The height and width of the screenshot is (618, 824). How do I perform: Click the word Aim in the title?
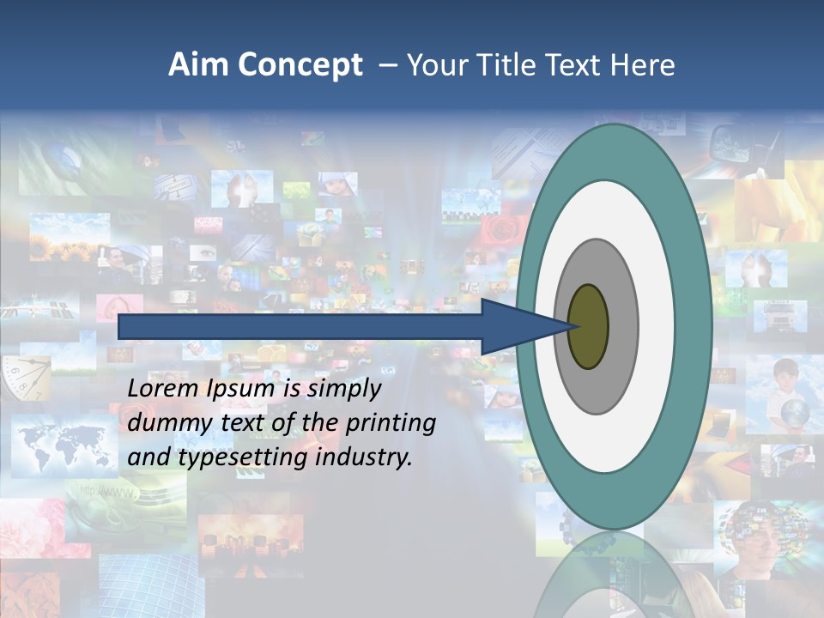pyautogui.click(x=197, y=65)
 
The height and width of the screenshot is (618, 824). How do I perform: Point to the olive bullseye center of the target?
pyautogui.click(x=588, y=326)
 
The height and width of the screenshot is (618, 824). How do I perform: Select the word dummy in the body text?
pyautogui.click(x=164, y=423)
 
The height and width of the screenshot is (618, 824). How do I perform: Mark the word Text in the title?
pyautogui.click(x=570, y=65)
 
